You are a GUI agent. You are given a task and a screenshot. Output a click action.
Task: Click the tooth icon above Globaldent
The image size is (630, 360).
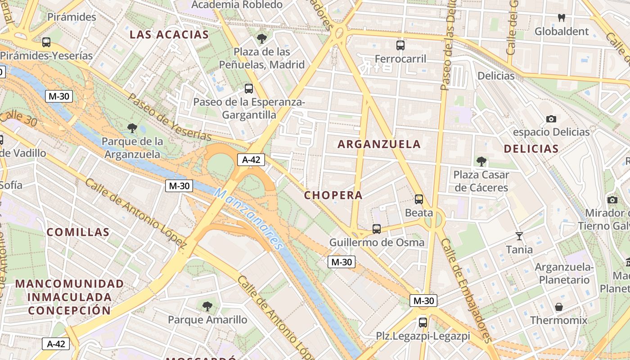click(x=561, y=18)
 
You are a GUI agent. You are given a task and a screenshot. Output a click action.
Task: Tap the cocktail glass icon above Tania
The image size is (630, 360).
click(x=519, y=236)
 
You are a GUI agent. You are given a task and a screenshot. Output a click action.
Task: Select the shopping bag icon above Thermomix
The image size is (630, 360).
click(x=558, y=307)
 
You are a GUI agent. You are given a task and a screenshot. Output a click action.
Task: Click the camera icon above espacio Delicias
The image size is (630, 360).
click(x=551, y=119)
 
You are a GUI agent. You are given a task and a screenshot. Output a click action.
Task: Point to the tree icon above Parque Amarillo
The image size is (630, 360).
click(x=207, y=306)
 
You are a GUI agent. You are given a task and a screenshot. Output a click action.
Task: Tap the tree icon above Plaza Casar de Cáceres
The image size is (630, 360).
click(x=481, y=161)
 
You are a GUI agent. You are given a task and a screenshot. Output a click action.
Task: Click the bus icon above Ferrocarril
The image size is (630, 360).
click(x=400, y=45)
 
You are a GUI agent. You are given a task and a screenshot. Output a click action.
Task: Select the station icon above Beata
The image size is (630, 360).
click(x=418, y=199)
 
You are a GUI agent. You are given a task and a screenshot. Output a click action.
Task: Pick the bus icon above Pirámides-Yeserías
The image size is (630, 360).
click(x=46, y=42)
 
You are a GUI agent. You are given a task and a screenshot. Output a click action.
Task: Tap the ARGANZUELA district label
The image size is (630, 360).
click(x=379, y=144)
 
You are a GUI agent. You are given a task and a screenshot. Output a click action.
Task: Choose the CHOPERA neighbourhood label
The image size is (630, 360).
click(x=333, y=195)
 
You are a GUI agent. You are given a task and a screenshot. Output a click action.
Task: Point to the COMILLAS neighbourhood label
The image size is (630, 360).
click(x=78, y=232)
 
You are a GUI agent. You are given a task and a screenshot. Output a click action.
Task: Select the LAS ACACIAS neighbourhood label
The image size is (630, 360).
click(x=169, y=35)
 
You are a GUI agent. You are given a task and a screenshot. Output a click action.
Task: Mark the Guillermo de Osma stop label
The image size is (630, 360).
click(x=377, y=243)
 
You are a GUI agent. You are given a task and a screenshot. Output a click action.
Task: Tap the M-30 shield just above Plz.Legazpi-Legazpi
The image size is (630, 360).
click(x=423, y=301)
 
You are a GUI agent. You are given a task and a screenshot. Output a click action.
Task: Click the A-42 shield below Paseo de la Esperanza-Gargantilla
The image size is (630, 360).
click(x=251, y=159)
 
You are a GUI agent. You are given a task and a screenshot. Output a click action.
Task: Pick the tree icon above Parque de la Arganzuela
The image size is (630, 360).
click(x=132, y=128)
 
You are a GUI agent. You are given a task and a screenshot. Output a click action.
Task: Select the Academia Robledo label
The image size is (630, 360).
click(x=237, y=5)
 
